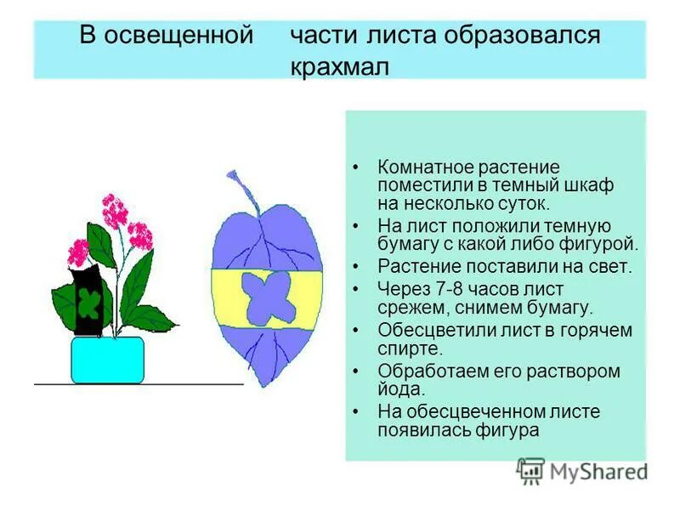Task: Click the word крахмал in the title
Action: tap(339, 66)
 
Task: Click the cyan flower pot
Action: tap(107, 360)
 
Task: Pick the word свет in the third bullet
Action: tap(609, 266)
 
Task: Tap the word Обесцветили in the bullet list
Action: tap(434, 330)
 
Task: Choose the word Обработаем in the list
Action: tap(433, 371)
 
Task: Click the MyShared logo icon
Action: tap(531, 470)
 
